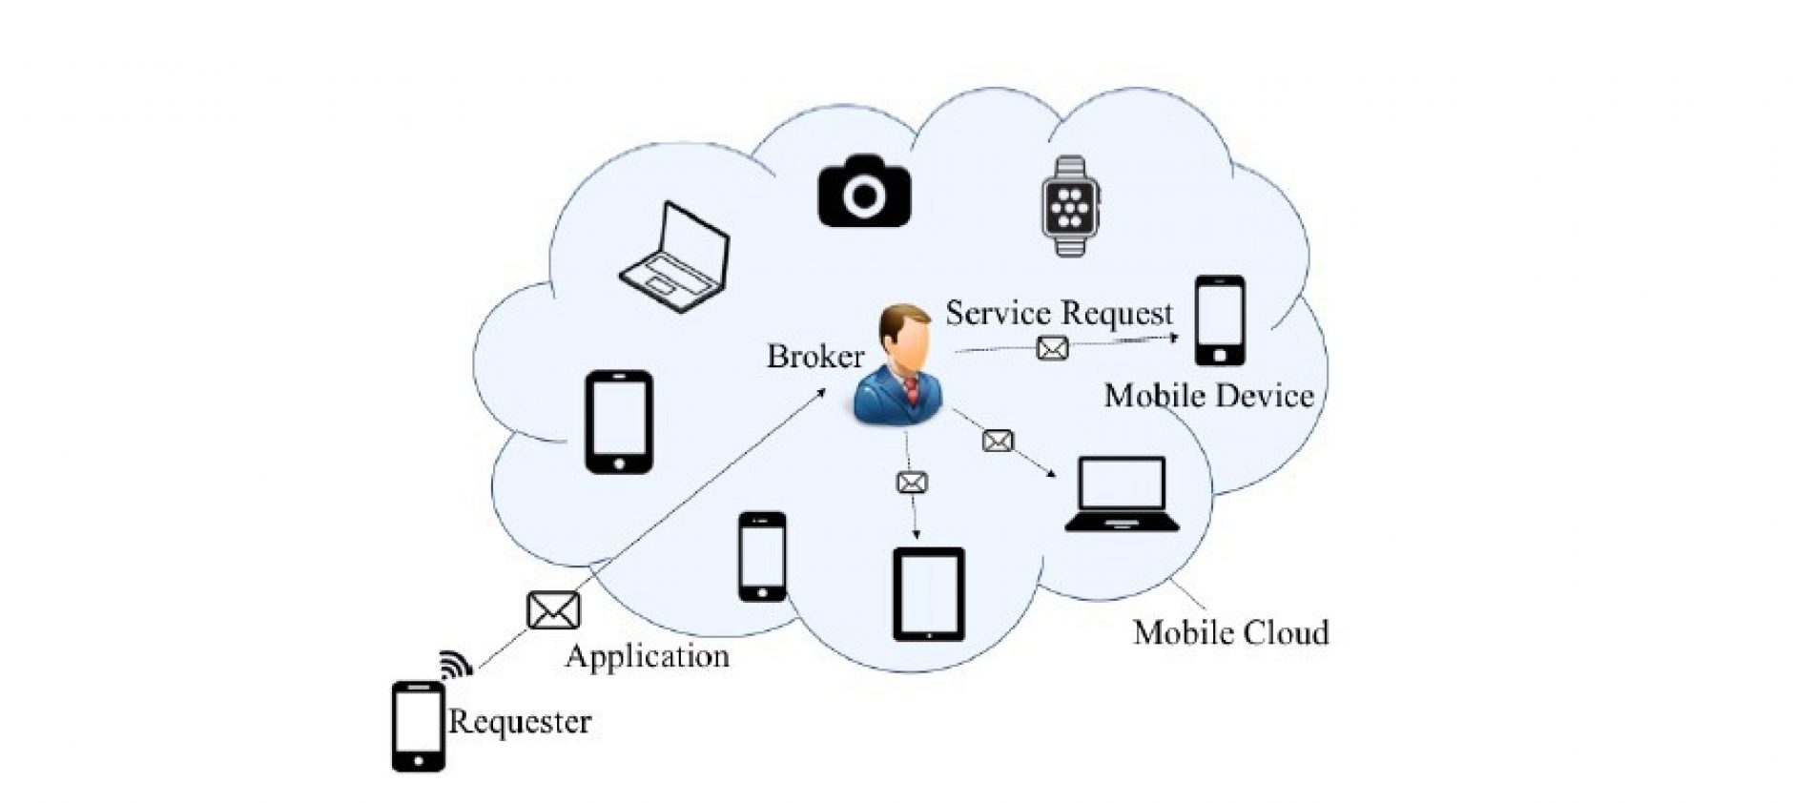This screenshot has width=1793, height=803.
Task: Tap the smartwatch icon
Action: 1069,206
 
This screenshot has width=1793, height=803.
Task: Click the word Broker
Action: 815,357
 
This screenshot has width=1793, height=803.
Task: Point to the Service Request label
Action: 1059,314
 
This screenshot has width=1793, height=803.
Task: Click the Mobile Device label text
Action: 1208,396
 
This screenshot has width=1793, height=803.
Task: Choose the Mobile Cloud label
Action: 1230,632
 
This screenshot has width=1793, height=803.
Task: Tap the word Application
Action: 648,656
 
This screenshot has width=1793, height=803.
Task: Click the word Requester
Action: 520,721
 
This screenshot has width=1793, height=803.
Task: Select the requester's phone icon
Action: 418,726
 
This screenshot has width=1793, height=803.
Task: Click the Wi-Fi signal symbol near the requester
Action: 456,664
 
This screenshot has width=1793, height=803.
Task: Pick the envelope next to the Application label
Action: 553,610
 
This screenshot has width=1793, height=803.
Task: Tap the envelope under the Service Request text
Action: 1052,349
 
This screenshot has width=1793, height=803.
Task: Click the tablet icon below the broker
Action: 928,594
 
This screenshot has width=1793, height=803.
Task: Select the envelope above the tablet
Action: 912,484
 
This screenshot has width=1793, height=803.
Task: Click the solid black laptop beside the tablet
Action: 1122,495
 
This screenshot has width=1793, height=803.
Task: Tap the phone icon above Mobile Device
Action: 1220,320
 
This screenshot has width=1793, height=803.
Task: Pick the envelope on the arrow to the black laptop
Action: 998,442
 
